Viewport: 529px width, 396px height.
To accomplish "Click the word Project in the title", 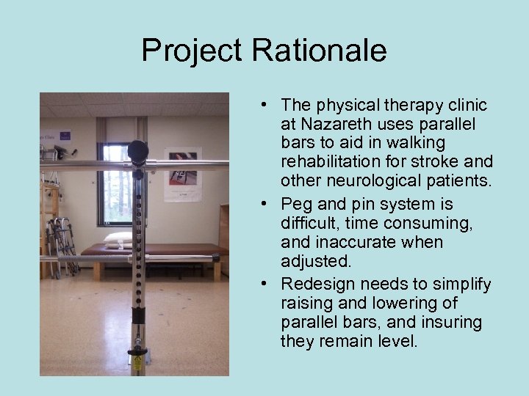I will (192, 51).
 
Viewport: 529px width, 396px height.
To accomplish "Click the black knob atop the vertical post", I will (137, 150).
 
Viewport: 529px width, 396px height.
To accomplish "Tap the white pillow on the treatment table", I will (118, 238).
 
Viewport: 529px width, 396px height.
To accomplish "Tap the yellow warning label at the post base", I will (136, 362).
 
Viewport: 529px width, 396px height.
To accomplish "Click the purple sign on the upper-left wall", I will (65, 135).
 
